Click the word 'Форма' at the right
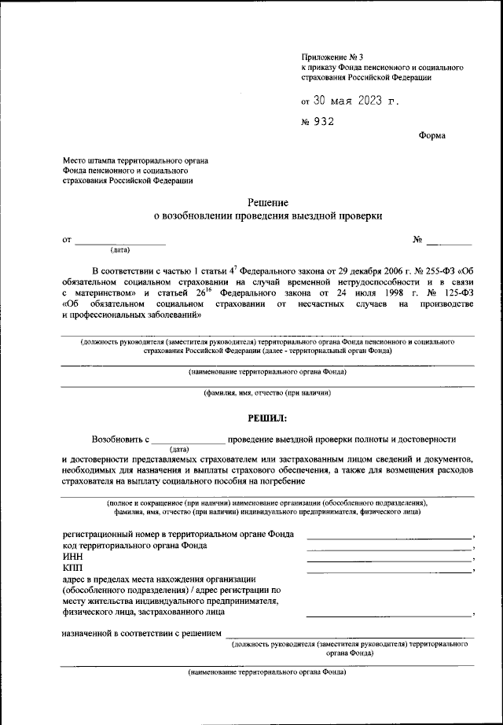[x=431, y=135]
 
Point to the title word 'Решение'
[x=268, y=202]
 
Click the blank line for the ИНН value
[x=389, y=559]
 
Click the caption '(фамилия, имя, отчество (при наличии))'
[x=268, y=392]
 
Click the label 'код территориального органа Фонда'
[x=135, y=545]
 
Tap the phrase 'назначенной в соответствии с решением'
[x=141, y=632]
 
